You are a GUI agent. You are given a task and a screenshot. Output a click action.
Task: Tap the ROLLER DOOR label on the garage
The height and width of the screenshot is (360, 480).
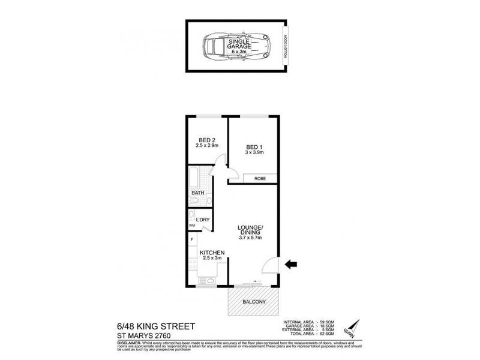[x=287, y=46]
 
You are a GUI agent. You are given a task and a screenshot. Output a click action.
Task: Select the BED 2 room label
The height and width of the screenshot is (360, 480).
[x=206, y=142]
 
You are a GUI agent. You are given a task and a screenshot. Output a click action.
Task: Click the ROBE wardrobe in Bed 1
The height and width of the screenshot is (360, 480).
[x=260, y=178]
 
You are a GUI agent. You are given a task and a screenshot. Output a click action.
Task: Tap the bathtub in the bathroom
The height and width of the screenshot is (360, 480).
[x=194, y=178]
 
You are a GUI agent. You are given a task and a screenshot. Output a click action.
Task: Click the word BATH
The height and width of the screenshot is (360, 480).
[x=198, y=193]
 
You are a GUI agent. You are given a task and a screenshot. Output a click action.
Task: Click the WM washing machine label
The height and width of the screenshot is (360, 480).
[x=192, y=226]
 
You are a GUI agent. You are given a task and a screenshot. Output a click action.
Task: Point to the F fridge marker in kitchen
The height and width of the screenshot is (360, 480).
[x=191, y=240]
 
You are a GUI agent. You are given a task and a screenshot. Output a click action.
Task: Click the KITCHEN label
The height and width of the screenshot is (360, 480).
[x=212, y=253]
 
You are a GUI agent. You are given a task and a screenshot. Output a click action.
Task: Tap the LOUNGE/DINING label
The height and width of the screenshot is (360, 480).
[x=251, y=231]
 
